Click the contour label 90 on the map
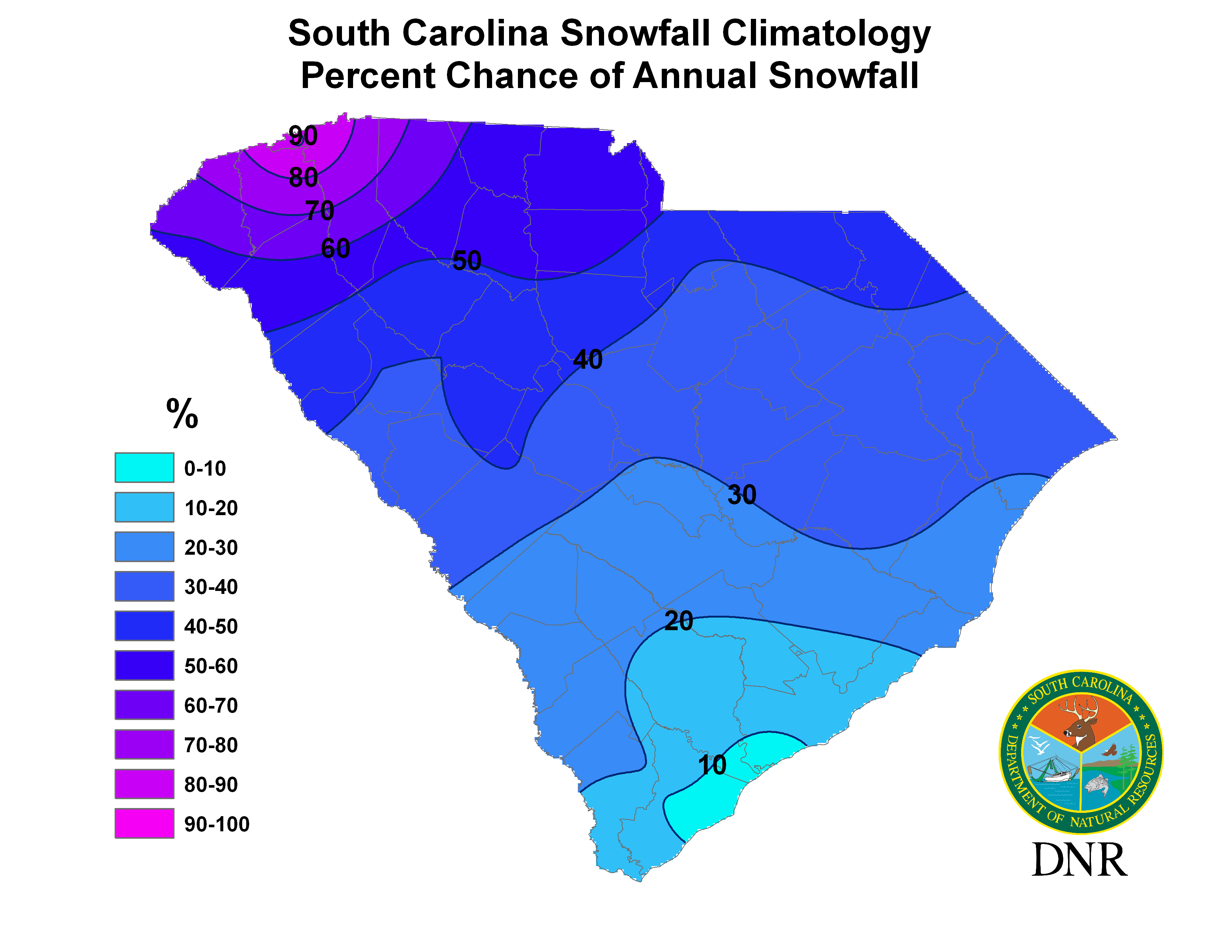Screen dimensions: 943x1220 (x=303, y=136)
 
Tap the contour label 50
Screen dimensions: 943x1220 (x=467, y=260)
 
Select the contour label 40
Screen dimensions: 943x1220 (x=588, y=359)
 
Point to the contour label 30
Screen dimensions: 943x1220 (x=742, y=494)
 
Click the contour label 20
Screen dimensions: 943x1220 (x=679, y=621)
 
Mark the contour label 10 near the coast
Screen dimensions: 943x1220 (x=712, y=765)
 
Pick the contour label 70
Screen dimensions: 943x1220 (x=319, y=211)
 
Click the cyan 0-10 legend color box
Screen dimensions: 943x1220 (x=144, y=467)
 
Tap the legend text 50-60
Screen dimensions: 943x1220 (x=211, y=666)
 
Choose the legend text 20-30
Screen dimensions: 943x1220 (x=211, y=547)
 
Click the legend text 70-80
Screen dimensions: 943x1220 (x=211, y=745)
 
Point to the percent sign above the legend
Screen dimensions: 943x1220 (x=182, y=413)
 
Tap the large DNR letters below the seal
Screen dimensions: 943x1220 (x=1079, y=860)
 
